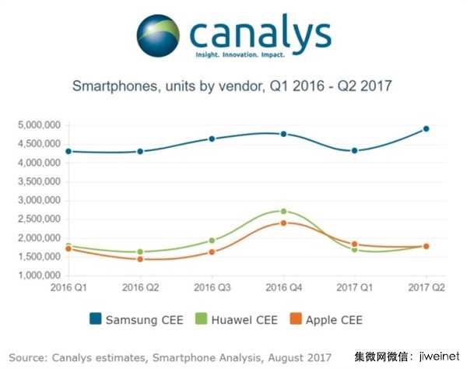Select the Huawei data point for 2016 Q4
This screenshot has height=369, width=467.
click(283, 211)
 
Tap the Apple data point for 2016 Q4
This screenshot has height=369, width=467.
click(283, 223)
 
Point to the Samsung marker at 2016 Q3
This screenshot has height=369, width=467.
click(212, 139)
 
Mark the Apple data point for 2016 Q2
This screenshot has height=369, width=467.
click(140, 258)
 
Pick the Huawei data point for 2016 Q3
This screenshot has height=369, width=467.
click(212, 241)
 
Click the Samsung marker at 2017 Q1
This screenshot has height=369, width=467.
click(355, 150)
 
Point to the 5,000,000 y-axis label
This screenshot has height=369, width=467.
click(40, 125)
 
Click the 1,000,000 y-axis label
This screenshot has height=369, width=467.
click(40, 276)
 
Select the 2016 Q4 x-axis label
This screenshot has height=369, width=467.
click(283, 288)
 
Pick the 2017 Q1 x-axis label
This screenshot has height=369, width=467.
click(355, 288)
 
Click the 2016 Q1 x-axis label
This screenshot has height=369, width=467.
click(68, 288)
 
